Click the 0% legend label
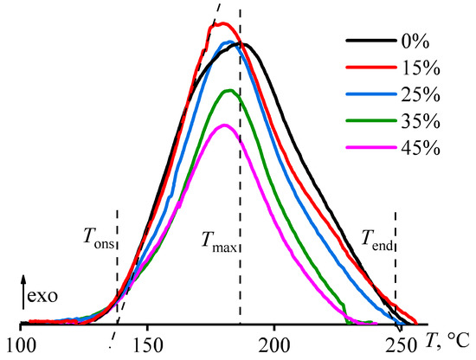(x=426, y=41)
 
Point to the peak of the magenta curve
(x=224, y=125)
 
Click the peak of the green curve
(x=228, y=90)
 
